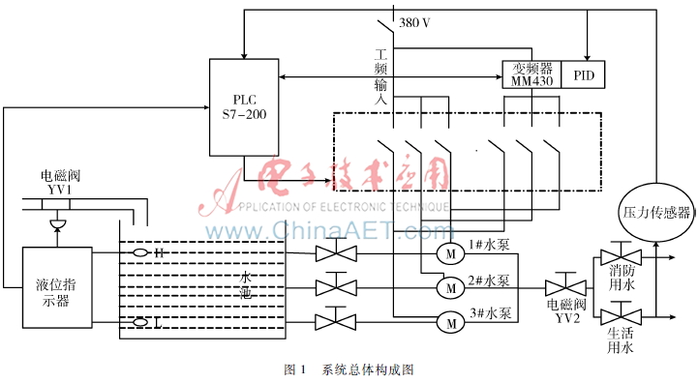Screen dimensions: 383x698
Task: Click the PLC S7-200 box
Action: [x=245, y=107]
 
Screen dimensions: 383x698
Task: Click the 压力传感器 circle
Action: [x=652, y=210]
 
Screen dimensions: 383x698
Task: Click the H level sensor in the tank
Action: [x=142, y=253]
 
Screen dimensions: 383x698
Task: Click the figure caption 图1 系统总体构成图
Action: [x=349, y=369]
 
